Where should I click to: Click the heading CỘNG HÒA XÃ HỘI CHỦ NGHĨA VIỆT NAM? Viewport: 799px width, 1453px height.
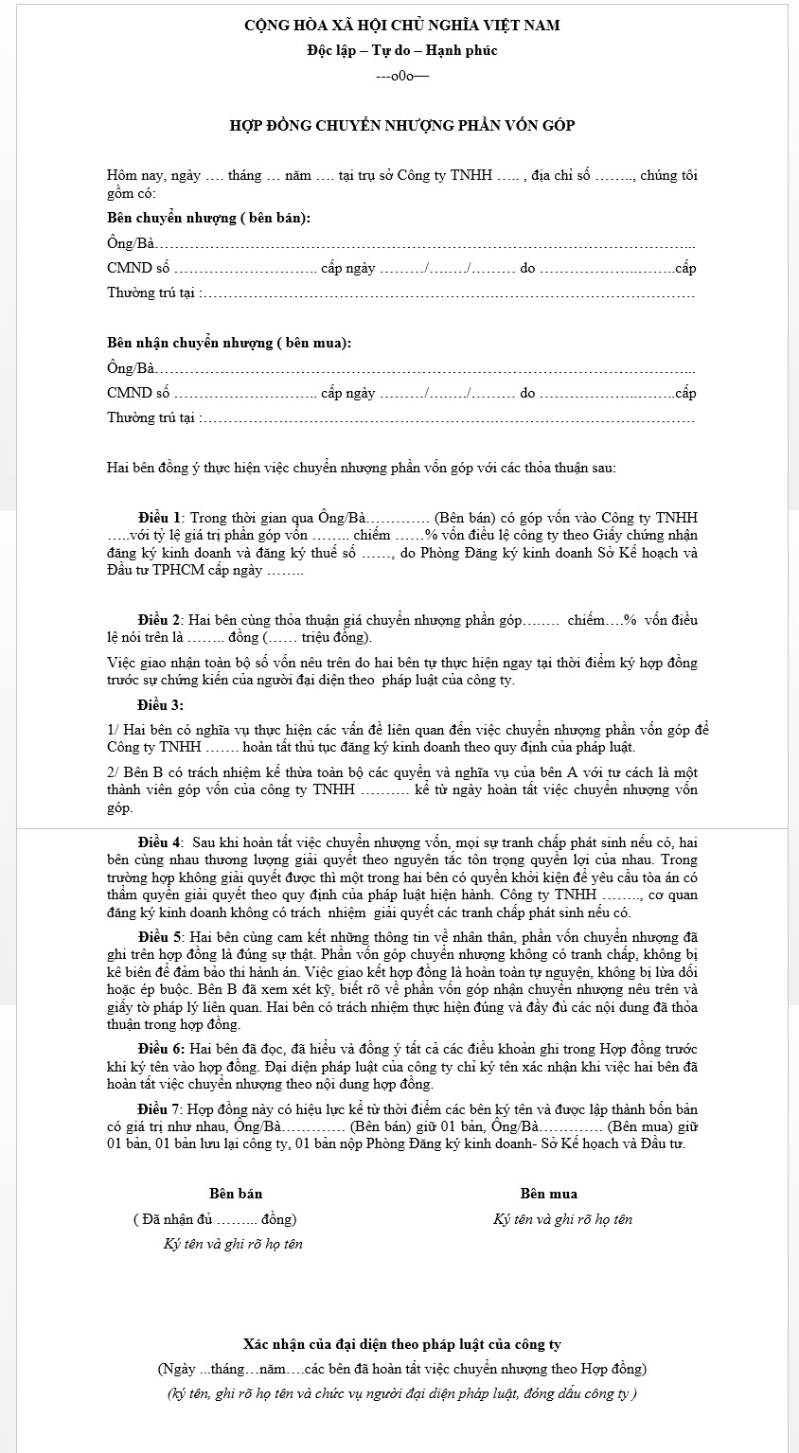pos(401,26)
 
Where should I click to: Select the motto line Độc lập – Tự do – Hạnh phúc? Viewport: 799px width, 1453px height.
pos(401,51)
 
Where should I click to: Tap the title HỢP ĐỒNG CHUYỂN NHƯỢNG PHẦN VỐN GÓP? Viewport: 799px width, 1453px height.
pos(401,125)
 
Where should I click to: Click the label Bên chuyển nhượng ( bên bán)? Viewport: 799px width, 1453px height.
pos(208,218)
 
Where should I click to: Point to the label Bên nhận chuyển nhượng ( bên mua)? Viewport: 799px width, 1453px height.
pos(229,343)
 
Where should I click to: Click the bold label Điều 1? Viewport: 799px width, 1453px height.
pos(159,518)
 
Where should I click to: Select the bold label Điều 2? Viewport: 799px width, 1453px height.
pos(159,620)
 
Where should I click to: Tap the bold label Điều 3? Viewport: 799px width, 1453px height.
pos(160,704)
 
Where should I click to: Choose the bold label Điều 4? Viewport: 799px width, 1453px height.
pos(159,842)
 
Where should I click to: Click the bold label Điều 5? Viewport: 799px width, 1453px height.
pos(159,937)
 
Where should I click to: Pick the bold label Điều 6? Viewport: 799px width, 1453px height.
pos(160,1049)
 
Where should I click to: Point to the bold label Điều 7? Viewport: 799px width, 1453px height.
pos(159,1109)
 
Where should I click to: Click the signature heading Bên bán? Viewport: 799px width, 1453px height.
pos(236,1194)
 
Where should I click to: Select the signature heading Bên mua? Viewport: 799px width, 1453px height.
pos(548,1194)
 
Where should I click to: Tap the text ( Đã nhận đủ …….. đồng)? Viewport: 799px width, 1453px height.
pos(215,1219)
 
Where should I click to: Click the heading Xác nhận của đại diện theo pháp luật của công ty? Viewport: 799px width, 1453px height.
pos(401,1344)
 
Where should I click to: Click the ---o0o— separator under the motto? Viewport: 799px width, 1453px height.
pos(401,77)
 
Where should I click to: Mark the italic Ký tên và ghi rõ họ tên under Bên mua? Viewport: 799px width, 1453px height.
pos(562,1219)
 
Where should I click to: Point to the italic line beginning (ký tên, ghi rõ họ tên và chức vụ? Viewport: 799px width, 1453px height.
pos(401,1393)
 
